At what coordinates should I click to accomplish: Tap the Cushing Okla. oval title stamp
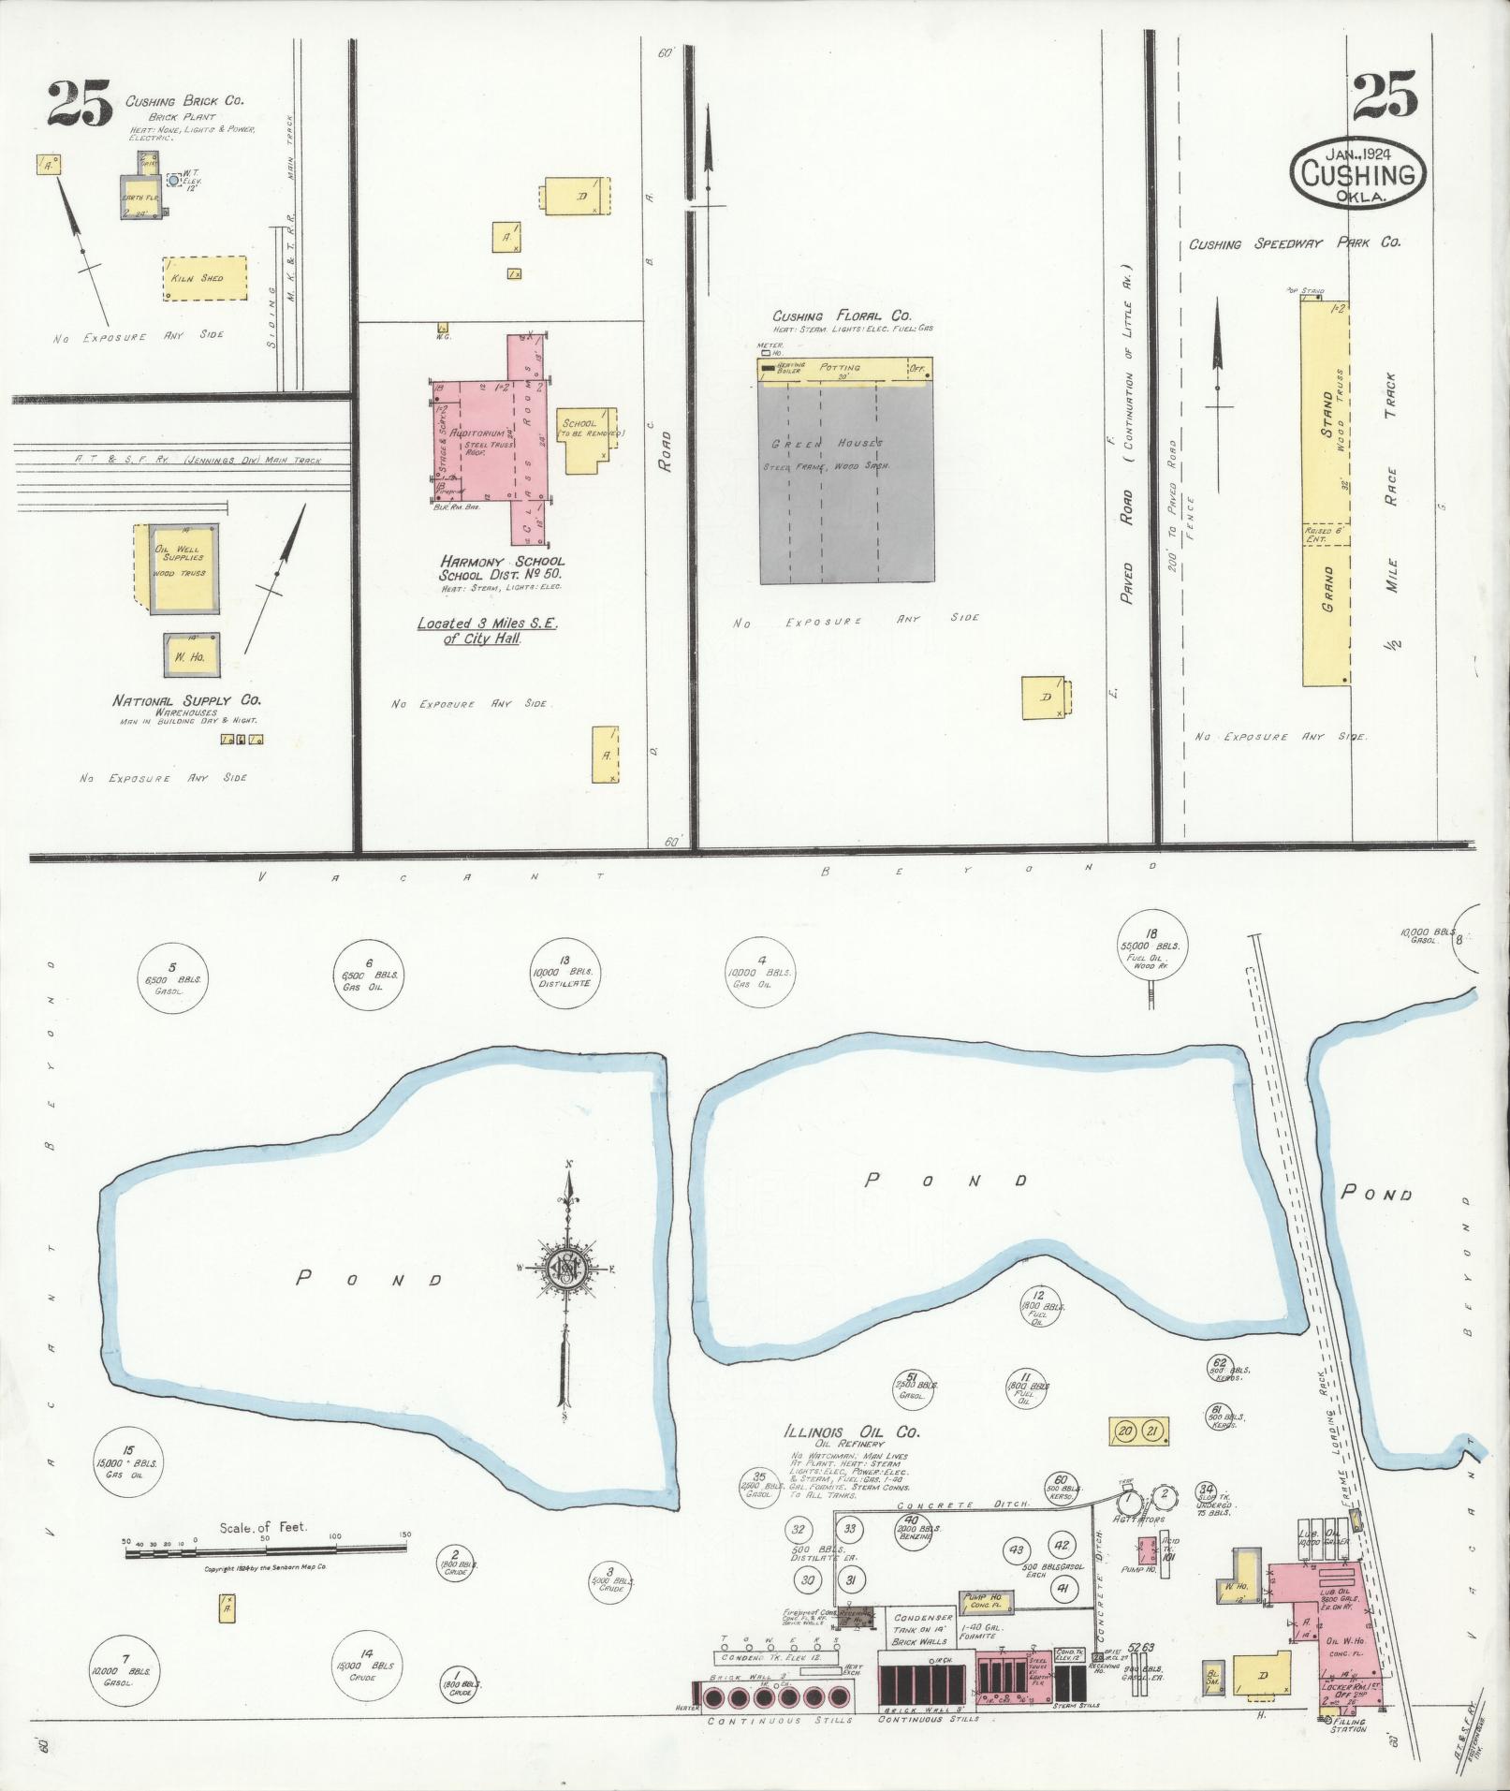coord(1358,176)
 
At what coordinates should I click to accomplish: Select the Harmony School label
coord(503,561)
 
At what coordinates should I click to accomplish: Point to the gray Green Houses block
coord(846,482)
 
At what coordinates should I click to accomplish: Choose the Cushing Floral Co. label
coord(842,316)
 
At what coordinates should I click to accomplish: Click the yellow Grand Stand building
coord(1326,496)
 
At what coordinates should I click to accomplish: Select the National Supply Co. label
coord(187,700)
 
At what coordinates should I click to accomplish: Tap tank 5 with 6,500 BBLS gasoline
coord(171,977)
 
